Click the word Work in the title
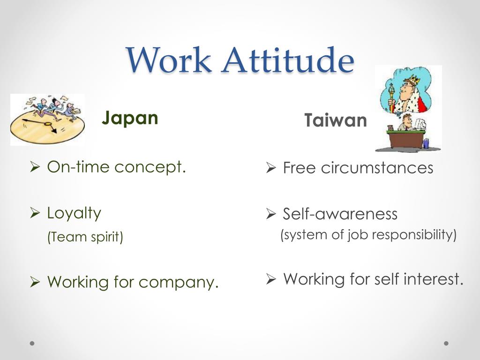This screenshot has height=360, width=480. pos(168,60)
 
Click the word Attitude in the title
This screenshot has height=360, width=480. pos(288,60)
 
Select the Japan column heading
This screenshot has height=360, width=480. pos(130,118)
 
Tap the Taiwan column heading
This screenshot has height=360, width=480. pos(335,120)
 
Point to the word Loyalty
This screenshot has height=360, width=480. pos(74,213)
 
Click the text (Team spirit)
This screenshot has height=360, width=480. pos(85,237)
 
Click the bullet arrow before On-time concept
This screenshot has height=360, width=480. pos(34,167)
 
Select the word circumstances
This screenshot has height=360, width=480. pos(377,168)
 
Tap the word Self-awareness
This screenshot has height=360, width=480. pos(340,214)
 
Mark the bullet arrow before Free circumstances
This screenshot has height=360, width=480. pos(270,168)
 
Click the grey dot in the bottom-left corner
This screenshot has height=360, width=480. pos(32,343)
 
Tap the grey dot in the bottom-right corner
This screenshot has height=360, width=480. pos(446,343)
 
